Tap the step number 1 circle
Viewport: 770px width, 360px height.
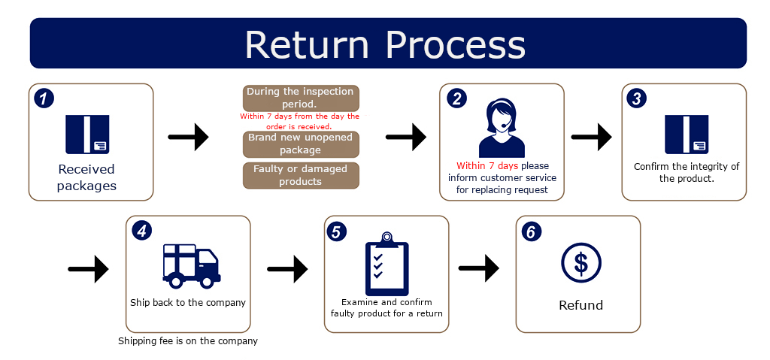pyautogui.click(x=44, y=98)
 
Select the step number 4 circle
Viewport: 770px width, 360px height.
pyautogui.click(x=141, y=231)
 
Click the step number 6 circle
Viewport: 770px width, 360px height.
pyautogui.click(x=531, y=231)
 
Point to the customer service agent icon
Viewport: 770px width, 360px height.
pyautogui.click(x=502, y=128)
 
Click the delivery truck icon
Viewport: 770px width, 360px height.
pyautogui.click(x=192, y=266)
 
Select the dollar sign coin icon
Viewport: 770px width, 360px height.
pyautogui.click(x=581, y=263)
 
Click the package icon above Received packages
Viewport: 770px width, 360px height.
pyautogui.click(x=87, y=134)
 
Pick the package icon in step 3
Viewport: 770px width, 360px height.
pyautogui.click(x=687, y=134)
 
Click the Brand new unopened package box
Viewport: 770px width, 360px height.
pyautogui.click(x=301, y=144)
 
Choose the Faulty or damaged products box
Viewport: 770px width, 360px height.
pyautogui.click(x=301, y=175)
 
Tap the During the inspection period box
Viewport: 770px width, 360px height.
pyautogui.click(x=301, y=98)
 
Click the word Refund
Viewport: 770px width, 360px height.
pyautogui.click(x=581, y=305)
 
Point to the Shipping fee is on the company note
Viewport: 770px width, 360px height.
pyautogui.click(x=188, y=341)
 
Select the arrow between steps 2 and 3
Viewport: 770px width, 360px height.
pyautogui.click(x=591, y=137)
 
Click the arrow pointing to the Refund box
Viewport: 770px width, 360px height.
pyautogui.click(x=479, y=268)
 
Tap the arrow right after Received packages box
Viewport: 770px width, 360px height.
pyautogui.click(x=189, y=137)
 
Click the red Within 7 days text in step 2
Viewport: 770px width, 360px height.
pyautogui.click(x=487, y=166)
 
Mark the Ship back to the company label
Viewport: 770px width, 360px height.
pyautogui.click(x=188, y=303)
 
